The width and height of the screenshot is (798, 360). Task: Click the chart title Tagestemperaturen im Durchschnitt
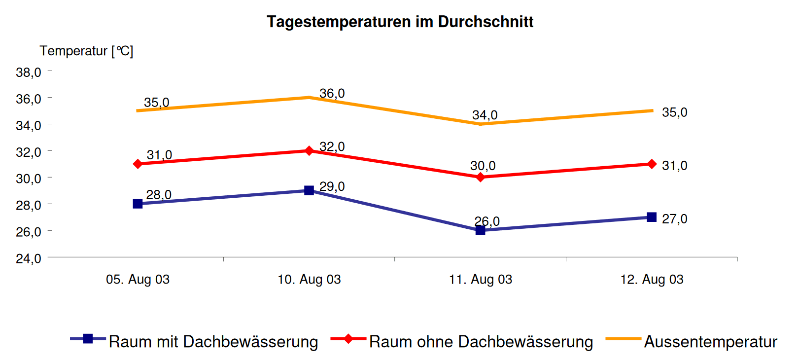pyautogui.click(x=400, y=22)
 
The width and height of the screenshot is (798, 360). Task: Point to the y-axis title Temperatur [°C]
pyautogui.click(x=86, y=51)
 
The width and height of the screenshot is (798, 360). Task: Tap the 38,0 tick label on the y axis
pyautogui.click(x=29, y=72)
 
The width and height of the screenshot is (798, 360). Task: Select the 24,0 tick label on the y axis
pyautogui.click(x=29, y=258)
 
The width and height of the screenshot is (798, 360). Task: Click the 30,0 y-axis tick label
pyautogui.click(x=29, y=179)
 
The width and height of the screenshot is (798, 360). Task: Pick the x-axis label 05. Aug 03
pyautogui.click(x=138, y=280)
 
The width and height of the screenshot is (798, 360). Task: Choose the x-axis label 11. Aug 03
pyautogui.click(x=480, y=280)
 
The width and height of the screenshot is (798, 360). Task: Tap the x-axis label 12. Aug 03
pyautogui.click(x=652, y=280)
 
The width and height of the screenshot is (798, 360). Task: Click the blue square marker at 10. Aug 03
pyautogui.click(x=309, y=190)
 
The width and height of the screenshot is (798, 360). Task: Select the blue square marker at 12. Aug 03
pyautogui.click(x=652, y=217)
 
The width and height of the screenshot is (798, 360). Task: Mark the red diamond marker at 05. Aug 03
pyautogui.click(x=138, y=164)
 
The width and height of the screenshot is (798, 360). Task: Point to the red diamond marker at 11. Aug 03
pyautogui.click(x=481, y=177)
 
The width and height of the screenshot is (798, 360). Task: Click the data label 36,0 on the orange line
pyautogui.click(x=332, y=93)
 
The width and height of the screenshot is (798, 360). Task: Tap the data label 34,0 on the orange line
pyautogui.click(x=485, y=115)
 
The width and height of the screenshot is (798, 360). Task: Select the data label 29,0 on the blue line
pyautogui.click(x=332, y=186)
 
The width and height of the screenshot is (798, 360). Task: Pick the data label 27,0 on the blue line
pyautogui.click(x=674, y=218)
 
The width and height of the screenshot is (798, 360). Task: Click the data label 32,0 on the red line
pyautogui.click(x=332, y=146)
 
